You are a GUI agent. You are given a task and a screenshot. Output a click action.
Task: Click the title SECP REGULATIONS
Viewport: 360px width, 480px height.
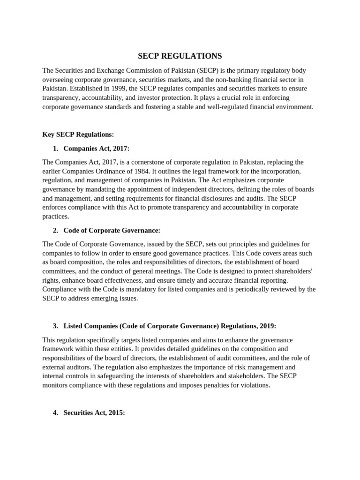tap(180, 56)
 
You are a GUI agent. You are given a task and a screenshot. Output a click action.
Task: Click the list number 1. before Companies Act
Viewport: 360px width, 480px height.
tap(56, 149)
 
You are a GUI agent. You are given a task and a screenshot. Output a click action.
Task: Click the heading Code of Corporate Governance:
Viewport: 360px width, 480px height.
tap(112, 231)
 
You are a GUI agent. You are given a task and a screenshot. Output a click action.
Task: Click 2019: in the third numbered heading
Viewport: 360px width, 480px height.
tap(268, 326)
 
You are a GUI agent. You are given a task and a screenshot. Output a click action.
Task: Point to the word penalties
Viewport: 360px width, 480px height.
tap(225, 385)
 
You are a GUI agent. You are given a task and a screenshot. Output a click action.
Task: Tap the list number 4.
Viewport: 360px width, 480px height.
tap(56, 413)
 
